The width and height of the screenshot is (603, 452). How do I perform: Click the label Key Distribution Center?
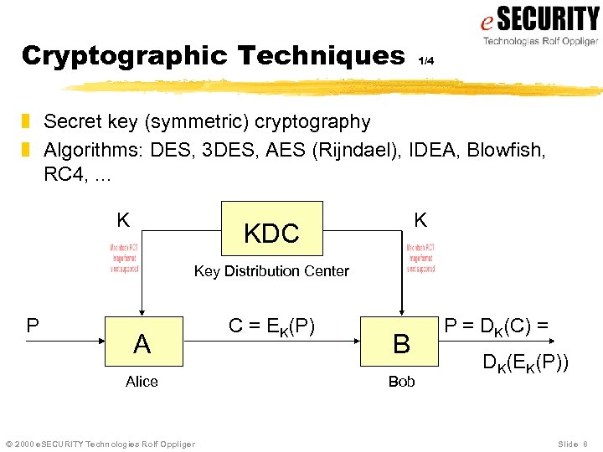click(271, 271)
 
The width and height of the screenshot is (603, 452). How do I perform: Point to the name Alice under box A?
click(142, 382)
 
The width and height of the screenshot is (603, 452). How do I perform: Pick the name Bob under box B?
click(401, 382)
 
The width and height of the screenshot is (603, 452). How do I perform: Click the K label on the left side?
click(123, 220)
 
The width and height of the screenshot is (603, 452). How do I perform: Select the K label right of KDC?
click(420, 220)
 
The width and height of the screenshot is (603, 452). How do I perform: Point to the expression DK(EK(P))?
click(525, 363)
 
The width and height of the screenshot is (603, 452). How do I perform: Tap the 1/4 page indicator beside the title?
click(426, 60)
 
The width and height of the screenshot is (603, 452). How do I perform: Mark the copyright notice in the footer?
click(100, 444)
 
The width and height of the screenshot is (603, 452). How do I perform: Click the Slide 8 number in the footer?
click(573, 444)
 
